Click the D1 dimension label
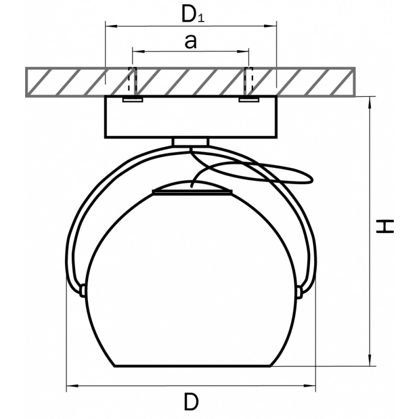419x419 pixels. point(193,14)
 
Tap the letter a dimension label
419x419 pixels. point(191,42)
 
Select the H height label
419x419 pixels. point(385,227)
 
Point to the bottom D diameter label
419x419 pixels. point(191,402)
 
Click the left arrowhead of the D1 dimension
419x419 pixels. point(112,26)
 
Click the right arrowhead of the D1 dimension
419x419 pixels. point(270,26)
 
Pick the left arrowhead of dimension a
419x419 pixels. point(139,51)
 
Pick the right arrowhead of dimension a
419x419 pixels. point(243,51)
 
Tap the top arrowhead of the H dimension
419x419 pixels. point(370,102)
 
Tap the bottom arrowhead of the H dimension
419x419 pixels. point(370,360)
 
